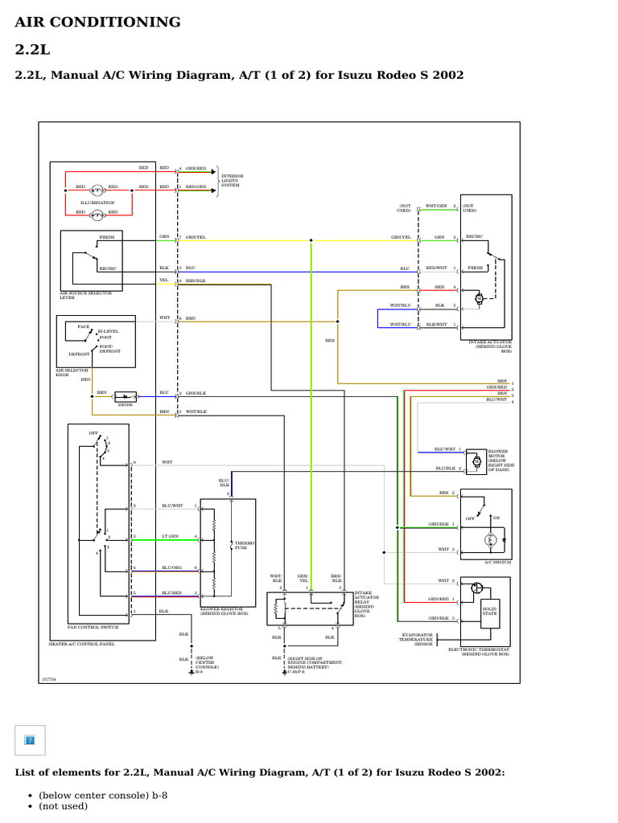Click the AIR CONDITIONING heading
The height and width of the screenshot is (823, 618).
(x=97, y=23)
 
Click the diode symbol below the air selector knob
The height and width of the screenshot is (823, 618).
(x=125, y=396)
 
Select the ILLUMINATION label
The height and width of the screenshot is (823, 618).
(x=97, y=203)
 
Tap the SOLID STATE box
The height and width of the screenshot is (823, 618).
(x=490, y=612)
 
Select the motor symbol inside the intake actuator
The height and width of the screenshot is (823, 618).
(x=480, y=298)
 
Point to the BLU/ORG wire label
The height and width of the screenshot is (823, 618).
(x=172, y=567)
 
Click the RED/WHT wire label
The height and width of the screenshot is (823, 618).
(x=436, y=268)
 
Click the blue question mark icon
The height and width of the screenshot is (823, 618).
(x=31, y=739)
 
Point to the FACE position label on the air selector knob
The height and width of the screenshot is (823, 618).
(x=84, y=326)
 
